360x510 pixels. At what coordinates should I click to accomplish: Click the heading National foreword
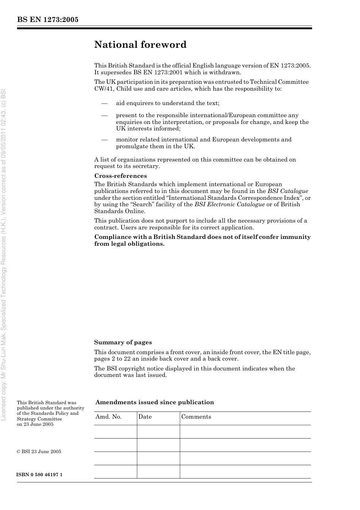click(x=140, y=45)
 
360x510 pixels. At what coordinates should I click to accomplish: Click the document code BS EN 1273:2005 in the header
click(x=48, y=20)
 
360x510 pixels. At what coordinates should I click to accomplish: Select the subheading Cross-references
click(x=121, y=176)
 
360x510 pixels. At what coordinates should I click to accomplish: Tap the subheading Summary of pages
click(x=123, y=342)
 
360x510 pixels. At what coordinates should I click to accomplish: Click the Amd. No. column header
click(x=108, y=417)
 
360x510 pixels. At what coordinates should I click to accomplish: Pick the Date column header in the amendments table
click(x=145, y=417)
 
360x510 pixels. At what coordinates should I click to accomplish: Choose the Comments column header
click(x=196, y=417)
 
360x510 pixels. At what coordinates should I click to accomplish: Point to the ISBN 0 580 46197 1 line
click(x=40, y=475)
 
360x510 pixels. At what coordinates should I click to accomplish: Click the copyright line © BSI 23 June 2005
click(x=39, y=452)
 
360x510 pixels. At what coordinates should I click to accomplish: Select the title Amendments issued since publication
click(x=155, y=402)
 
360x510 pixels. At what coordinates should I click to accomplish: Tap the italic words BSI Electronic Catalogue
click(x=229, y=204)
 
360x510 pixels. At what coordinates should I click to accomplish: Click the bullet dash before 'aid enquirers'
click(x=104, y=103)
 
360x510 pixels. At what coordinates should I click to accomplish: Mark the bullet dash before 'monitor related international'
click(x=104, y=140)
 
